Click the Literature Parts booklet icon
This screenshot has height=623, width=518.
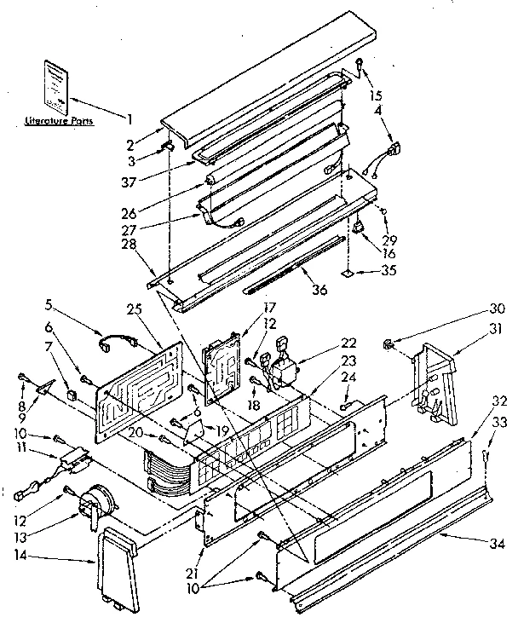coord(55,85)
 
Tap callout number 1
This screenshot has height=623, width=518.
coord(129,118)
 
